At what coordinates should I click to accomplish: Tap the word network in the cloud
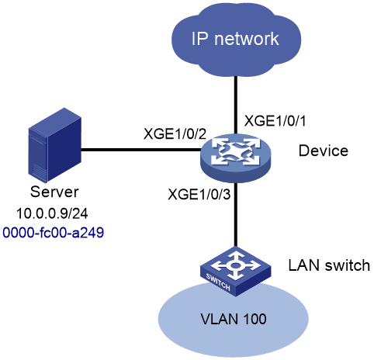click(x=247, y=39)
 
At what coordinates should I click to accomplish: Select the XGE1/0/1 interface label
click(x=275, y=121)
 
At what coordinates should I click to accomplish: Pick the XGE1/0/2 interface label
click(x=175, y=134)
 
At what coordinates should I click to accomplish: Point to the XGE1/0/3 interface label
click(x=199, y=194)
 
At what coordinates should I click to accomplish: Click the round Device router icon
click(x=235, y=157)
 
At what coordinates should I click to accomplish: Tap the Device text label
click(x=324, y=151)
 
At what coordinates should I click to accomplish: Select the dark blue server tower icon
click(x=55, y=145)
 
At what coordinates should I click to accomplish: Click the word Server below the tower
click(x=54, y=192)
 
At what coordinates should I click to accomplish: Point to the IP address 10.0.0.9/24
click(x=52, y=213)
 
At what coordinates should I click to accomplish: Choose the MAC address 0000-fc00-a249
click(x=54, y=232)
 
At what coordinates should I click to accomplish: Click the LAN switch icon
click(x=235, y=272)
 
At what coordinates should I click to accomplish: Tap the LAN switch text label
click(x=329, y=265)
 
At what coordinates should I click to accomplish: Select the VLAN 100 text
click(x=234, y=319)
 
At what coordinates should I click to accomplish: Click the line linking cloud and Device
click(x=236, y=106)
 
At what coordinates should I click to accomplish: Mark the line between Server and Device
click(x=141, y=150)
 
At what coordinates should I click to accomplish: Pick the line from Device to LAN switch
click(x=236, y=215)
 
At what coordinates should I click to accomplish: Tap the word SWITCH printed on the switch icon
click(x=218, y=282)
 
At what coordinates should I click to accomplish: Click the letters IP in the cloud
click(x=200, y=39)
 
